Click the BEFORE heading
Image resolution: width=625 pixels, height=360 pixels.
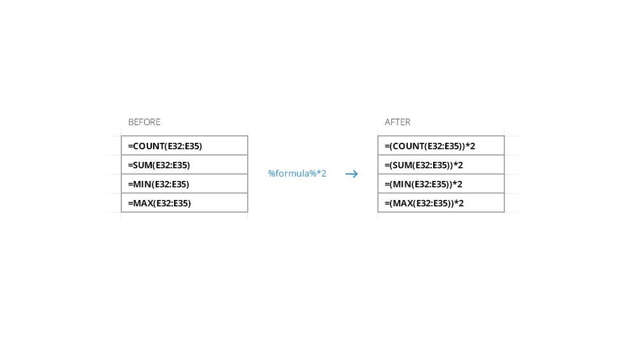[x=144, y=123]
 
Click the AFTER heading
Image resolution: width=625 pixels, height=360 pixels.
[x=398, y=123]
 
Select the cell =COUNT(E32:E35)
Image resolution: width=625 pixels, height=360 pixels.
[x=185, y=145]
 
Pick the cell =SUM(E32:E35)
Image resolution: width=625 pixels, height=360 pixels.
[x=185, y=164]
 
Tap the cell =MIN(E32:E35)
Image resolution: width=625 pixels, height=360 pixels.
[x=185, y=183]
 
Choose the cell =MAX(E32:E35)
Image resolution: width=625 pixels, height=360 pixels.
[x=185, y=203]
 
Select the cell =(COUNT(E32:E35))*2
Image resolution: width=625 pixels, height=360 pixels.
[x=441, y=145]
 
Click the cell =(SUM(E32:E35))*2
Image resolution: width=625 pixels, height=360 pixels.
[x=441, y=164]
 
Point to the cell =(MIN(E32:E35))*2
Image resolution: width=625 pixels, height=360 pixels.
[x=441, y=183]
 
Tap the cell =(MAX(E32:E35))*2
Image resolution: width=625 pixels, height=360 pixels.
[x=441, y=203]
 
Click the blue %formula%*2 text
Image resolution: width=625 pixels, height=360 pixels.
[x=297, y=173]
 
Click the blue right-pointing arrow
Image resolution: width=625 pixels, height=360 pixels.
[x=352, y=174]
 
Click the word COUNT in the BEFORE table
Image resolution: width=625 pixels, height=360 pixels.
[x=148, y=146]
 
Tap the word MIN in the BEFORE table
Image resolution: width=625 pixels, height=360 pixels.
[x=142, y=184]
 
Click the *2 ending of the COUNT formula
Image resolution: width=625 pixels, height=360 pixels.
[x=471, y=146]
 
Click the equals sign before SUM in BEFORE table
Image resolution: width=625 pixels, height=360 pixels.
[x=130, y=165]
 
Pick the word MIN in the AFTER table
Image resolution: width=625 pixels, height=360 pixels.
[x=403, y=184]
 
